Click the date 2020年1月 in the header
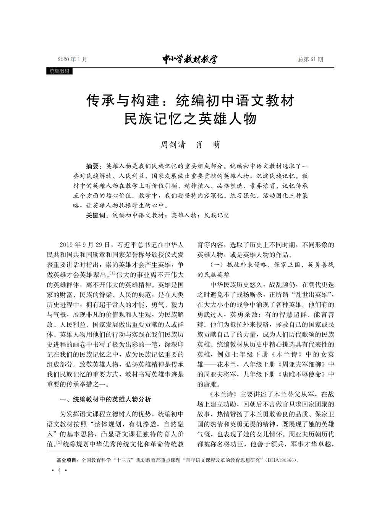coord(73,59)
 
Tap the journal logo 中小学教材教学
coord(190,59)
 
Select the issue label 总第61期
coord(310,59)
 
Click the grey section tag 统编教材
coord(60,71)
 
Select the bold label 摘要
coord(93,167)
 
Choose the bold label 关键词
coord(96,216)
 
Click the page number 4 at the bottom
coord(59,470)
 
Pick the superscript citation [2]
coord(59,443)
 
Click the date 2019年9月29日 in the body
coord(85,245)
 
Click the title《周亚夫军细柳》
coord(302,364)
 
